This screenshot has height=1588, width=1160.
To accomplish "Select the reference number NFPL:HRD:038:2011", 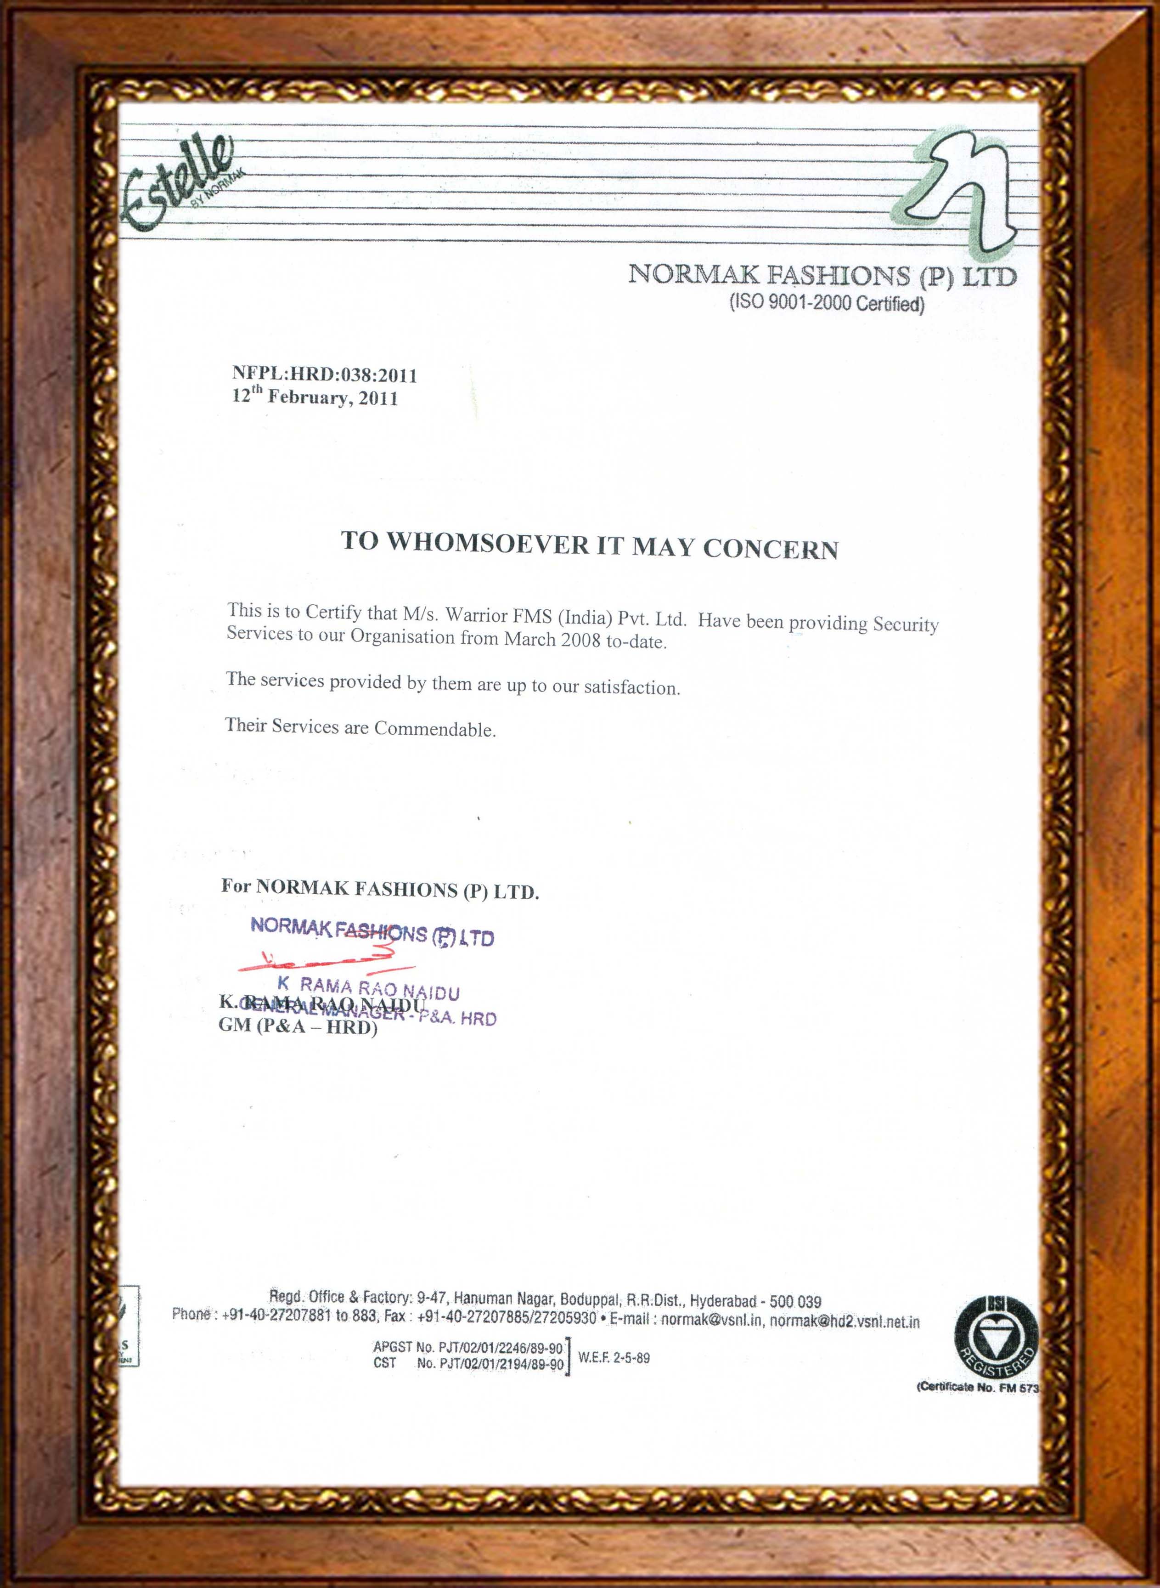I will (x=324, y=375).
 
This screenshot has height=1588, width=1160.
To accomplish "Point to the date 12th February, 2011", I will (x=315, y=398).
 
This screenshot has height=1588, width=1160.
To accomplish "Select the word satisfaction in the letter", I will (x=631, y=687).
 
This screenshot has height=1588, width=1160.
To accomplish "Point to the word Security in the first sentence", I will (x=905, y=624).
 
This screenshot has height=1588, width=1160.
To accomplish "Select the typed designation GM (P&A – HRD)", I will (x=298, y=1027).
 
